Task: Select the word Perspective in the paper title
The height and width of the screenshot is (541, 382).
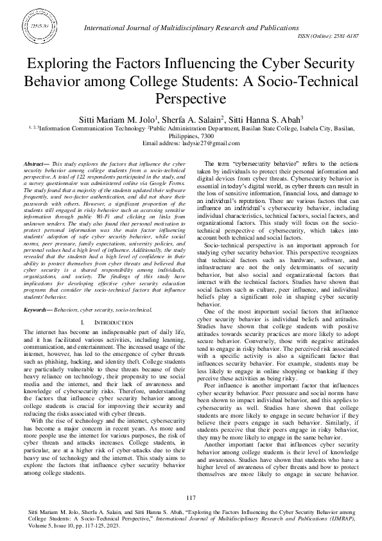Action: (x=191, y=99)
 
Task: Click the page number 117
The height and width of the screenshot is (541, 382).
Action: (x=191, y=498)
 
